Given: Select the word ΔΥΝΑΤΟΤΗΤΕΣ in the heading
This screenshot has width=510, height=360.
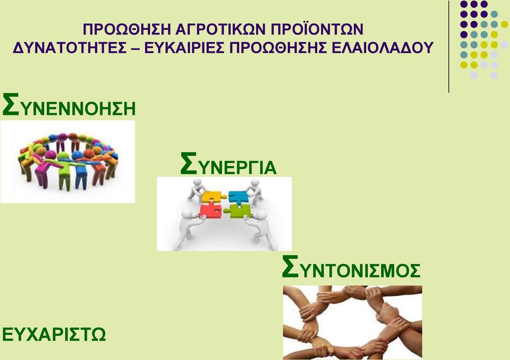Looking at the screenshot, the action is pos(69,48).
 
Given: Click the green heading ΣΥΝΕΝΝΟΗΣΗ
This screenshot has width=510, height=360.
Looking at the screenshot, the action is pos(69,105).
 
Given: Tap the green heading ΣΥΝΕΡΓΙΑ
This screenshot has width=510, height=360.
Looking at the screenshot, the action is pos(228,164).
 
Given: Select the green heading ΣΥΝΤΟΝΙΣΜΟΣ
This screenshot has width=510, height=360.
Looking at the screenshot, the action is pos(351,267).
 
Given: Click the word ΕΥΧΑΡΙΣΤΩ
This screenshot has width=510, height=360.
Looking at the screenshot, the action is pos(54,334).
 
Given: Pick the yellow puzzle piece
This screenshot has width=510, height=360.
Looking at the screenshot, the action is pos(211,197).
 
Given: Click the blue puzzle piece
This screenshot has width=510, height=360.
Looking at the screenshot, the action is pos(239,197).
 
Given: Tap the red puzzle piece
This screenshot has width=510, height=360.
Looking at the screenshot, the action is pos(210,211).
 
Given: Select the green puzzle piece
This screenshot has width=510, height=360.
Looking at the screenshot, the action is pos(239,211).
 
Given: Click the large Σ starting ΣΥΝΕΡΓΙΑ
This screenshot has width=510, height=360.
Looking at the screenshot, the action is pos(189,164).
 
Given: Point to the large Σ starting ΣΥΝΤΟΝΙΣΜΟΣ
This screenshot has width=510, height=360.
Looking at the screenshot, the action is pos(290,267).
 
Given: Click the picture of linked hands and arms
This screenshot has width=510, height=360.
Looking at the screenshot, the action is pos(353,322).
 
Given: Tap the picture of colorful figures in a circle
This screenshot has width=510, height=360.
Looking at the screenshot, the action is pos(67,162).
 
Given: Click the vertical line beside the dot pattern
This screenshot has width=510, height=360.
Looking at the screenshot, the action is pos(449,47).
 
